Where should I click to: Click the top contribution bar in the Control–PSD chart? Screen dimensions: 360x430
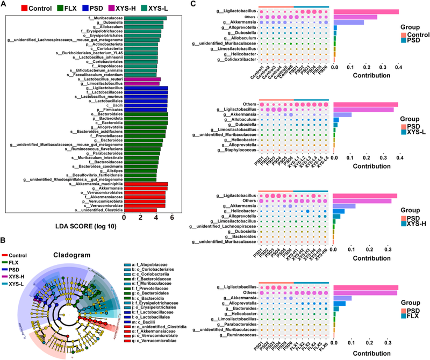[x=365, y=11]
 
